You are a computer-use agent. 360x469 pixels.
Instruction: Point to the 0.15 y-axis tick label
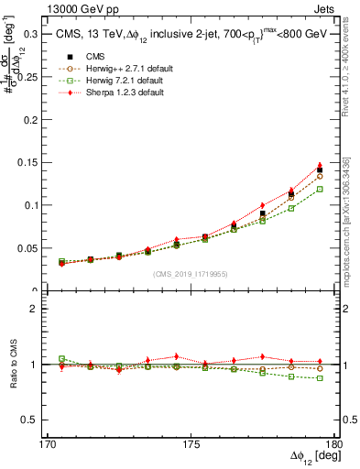point(29,162)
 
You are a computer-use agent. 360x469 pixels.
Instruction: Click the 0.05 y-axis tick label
point(29,248)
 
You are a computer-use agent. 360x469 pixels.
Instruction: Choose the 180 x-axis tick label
point(334,444)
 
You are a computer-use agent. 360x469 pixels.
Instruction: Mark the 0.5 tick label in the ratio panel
point(32,420)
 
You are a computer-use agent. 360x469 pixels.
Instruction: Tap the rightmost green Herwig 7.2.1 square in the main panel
point(320,189)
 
